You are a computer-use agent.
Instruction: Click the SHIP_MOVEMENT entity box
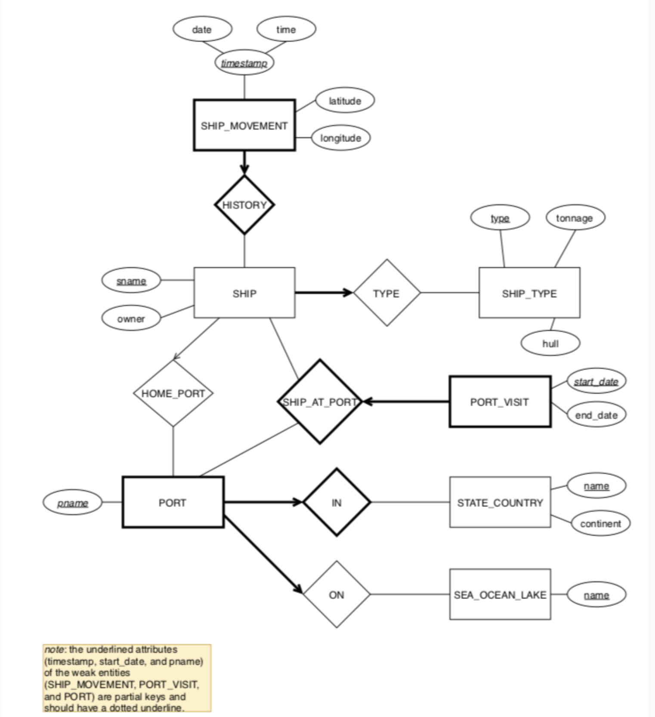244,125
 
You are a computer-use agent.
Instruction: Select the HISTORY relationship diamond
244,205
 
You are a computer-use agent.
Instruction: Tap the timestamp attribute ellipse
244,63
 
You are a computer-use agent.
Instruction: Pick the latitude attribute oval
345,101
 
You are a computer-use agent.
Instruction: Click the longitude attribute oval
340,138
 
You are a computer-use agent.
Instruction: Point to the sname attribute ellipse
131,281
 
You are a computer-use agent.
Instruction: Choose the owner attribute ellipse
131,319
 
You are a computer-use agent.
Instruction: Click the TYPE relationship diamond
386,293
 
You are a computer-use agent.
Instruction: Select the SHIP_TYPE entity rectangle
529,293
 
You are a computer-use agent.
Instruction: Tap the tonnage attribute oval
575,218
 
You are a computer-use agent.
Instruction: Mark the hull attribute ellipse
550,343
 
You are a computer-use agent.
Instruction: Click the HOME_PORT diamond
173,393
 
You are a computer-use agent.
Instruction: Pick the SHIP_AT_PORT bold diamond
319,402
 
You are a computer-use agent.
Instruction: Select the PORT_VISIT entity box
500,402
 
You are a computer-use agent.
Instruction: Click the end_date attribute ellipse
596,415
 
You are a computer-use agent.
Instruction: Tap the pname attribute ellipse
72,503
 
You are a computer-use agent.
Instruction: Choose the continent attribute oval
600,524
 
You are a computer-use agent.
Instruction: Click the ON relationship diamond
337,595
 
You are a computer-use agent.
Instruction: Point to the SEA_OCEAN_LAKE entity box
500,595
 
